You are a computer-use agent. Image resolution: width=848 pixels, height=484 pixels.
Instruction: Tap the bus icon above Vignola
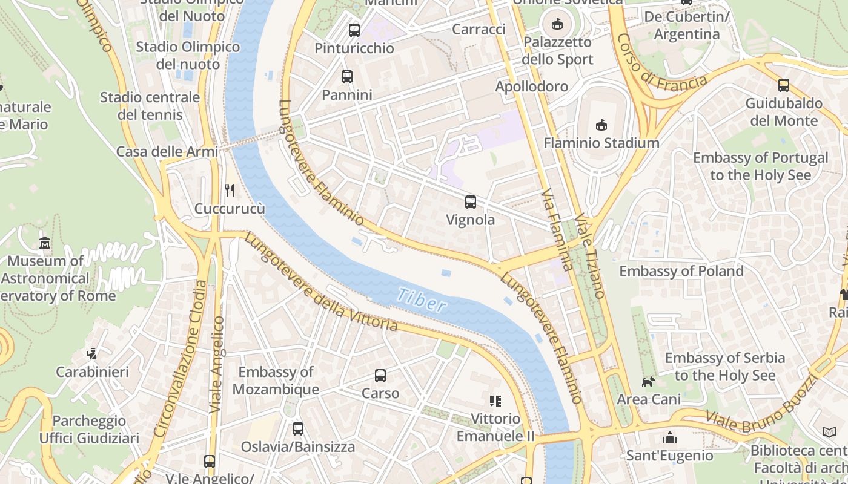coord(471,202)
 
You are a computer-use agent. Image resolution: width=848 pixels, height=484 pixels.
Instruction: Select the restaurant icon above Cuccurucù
coord(230,191)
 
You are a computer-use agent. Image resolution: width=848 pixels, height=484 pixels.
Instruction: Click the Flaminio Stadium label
coord(601,143)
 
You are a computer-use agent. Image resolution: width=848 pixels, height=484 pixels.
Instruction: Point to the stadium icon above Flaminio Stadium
coord(601,125)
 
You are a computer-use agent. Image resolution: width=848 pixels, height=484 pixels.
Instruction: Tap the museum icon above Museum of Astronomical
coord(45,243)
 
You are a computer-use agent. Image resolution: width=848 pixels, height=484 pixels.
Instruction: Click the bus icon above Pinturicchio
coord(354,30)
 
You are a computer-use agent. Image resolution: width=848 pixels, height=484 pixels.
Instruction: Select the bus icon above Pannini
coord(346,77)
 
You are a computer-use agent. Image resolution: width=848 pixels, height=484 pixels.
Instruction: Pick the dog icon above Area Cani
coord(649,382)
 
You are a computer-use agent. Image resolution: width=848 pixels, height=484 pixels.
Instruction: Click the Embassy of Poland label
coord(681,270)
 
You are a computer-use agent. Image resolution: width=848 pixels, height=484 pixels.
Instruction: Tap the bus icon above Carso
coord(380,376)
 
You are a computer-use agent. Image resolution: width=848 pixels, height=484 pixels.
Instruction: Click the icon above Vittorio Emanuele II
coord(495,401)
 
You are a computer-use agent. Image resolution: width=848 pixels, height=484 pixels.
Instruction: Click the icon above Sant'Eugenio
coord(670,437)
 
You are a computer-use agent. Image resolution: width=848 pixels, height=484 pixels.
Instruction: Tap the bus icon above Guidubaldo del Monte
coord(784,85)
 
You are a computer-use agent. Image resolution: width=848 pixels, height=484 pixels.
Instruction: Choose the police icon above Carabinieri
coord(92,353)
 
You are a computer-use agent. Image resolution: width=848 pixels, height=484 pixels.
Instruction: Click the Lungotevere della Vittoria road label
coord(321,283)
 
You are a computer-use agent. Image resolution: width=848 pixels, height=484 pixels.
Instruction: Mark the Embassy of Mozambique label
coord(276,381)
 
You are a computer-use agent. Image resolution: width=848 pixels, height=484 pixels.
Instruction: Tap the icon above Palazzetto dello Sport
coord(557,24)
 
